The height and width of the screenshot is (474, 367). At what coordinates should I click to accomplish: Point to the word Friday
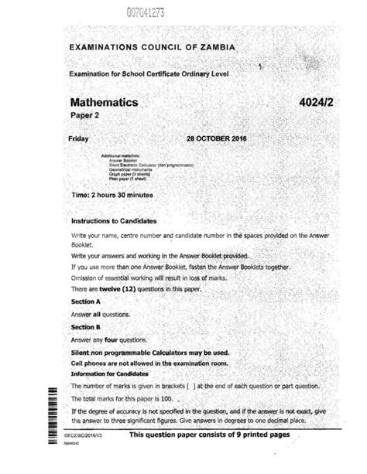pyautogui.click(x=80, y=138)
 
